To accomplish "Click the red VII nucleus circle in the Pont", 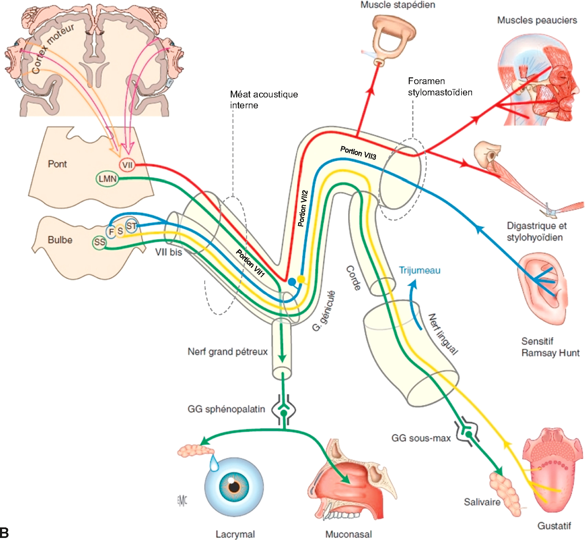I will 127,165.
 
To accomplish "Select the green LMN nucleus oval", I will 107,179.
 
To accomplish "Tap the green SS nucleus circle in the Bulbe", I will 99,242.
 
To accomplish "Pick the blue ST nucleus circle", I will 131,226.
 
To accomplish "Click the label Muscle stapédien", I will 398,5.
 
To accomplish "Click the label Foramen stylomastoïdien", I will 440,87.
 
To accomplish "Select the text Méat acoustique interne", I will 264,99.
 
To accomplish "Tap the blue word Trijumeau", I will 420,270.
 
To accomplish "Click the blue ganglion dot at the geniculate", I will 292,282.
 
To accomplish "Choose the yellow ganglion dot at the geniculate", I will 301,279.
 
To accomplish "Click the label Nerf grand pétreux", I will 227,351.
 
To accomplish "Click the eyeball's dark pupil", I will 234,486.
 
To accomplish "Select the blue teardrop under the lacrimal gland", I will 214,463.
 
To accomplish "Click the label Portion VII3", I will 358,153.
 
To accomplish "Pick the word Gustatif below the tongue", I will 554,526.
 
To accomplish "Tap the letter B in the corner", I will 5,532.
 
